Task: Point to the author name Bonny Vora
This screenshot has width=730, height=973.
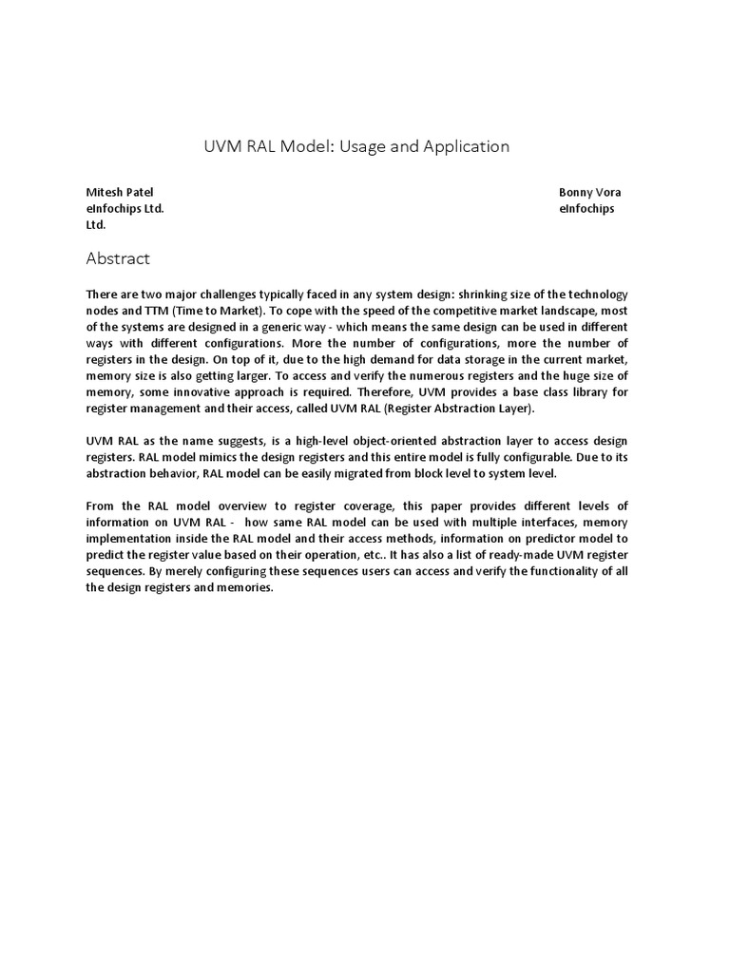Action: pyautogui.click(x=590, y=192)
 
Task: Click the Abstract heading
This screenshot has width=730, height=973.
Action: pyautogui.click(x=118, y=258)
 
